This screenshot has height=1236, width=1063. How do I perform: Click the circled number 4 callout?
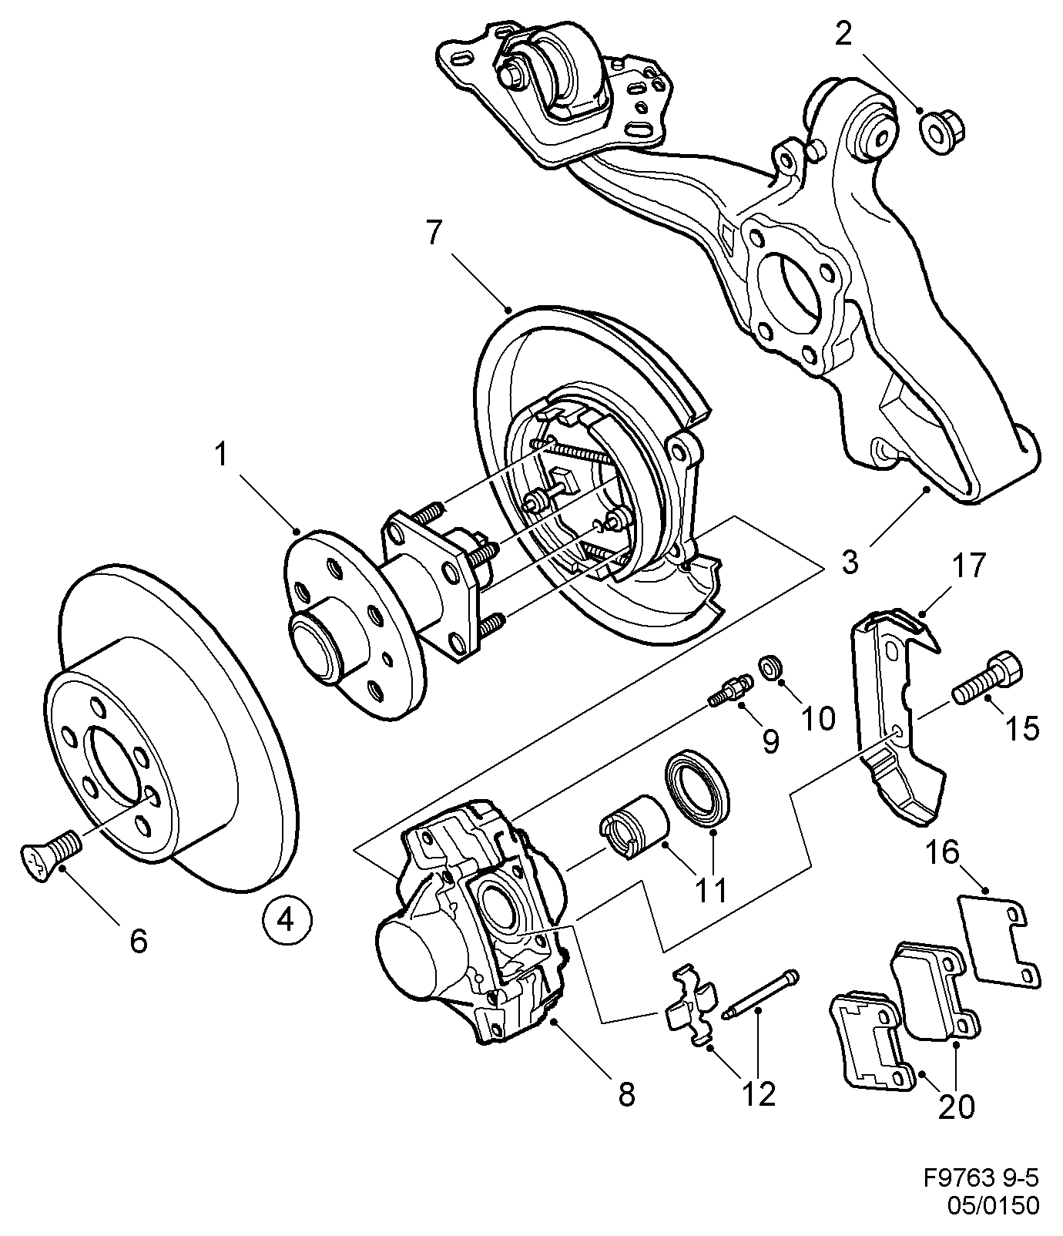tap(287, 919)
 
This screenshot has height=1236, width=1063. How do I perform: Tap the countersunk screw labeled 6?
tap(50, 853)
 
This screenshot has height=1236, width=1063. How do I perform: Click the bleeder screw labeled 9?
tap(729, 687)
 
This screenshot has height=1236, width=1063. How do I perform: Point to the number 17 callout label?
tap(969, 566)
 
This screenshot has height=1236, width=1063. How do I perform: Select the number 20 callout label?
tap(956, 1106)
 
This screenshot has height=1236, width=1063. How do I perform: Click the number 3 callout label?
tap(850, 562)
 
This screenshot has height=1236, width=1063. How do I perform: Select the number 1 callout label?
tap(222, 455)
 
